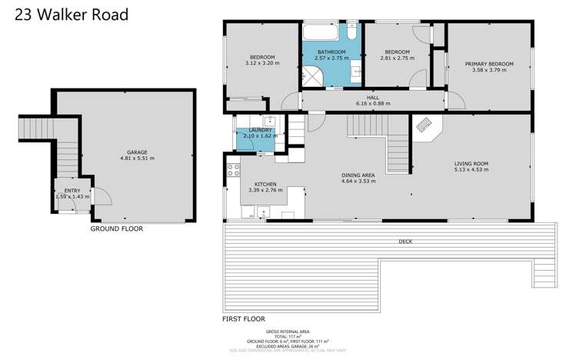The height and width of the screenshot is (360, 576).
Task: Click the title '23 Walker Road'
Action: (x=65, y=15)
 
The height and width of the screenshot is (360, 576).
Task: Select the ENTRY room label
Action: (x=72, y=190)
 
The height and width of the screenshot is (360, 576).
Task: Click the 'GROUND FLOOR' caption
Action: (x=116, y=228)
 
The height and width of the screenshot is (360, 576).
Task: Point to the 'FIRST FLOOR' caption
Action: (x=243, y=318)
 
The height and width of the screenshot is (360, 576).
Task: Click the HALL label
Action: (x=373, y=98)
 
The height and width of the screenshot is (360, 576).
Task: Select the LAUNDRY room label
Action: (x=257, y=131)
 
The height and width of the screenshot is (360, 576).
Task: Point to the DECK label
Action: (x=405, y=241)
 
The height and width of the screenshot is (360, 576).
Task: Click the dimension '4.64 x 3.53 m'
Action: (x=358, y=182)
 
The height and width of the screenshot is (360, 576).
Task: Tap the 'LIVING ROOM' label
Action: (x=471, y=164)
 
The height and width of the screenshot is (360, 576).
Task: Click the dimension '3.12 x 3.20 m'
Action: (x=261, y=63)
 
